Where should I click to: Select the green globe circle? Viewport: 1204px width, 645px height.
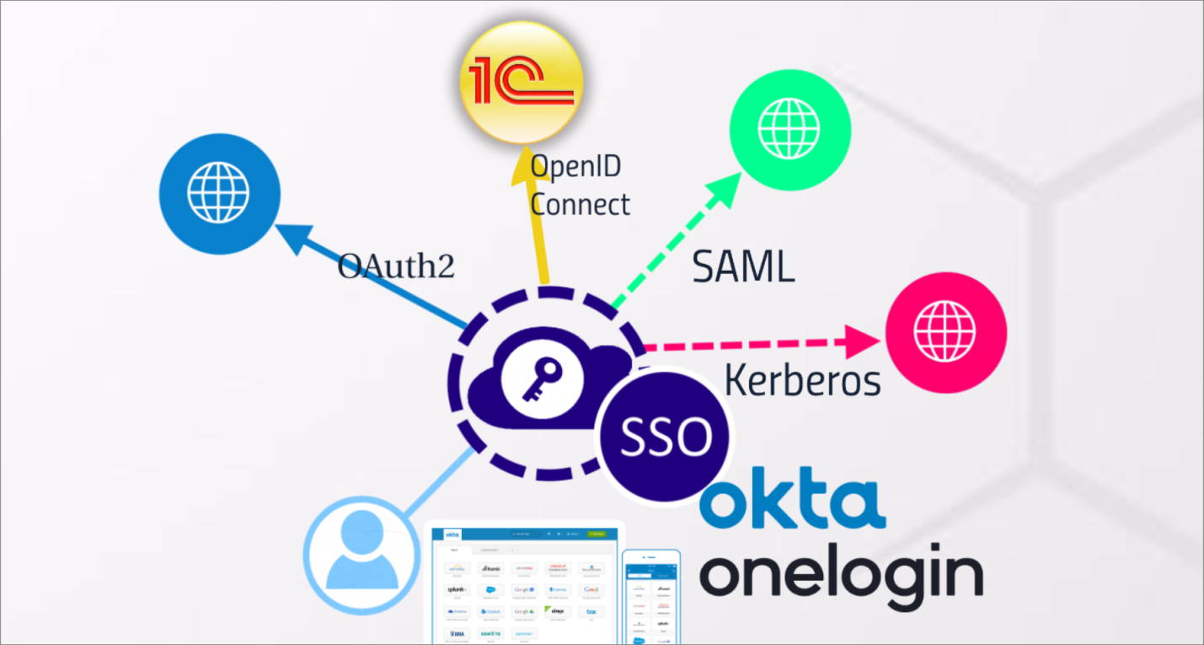789,128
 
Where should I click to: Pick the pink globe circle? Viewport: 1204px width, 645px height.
945,332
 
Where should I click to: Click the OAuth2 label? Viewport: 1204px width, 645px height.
396,266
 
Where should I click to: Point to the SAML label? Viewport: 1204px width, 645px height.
743,267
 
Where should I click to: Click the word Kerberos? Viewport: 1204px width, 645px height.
802,381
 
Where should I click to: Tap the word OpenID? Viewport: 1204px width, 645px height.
576,166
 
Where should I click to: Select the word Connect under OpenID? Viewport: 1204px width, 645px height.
580,204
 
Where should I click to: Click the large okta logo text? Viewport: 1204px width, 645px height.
792,503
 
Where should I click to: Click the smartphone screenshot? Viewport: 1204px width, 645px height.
650,597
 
